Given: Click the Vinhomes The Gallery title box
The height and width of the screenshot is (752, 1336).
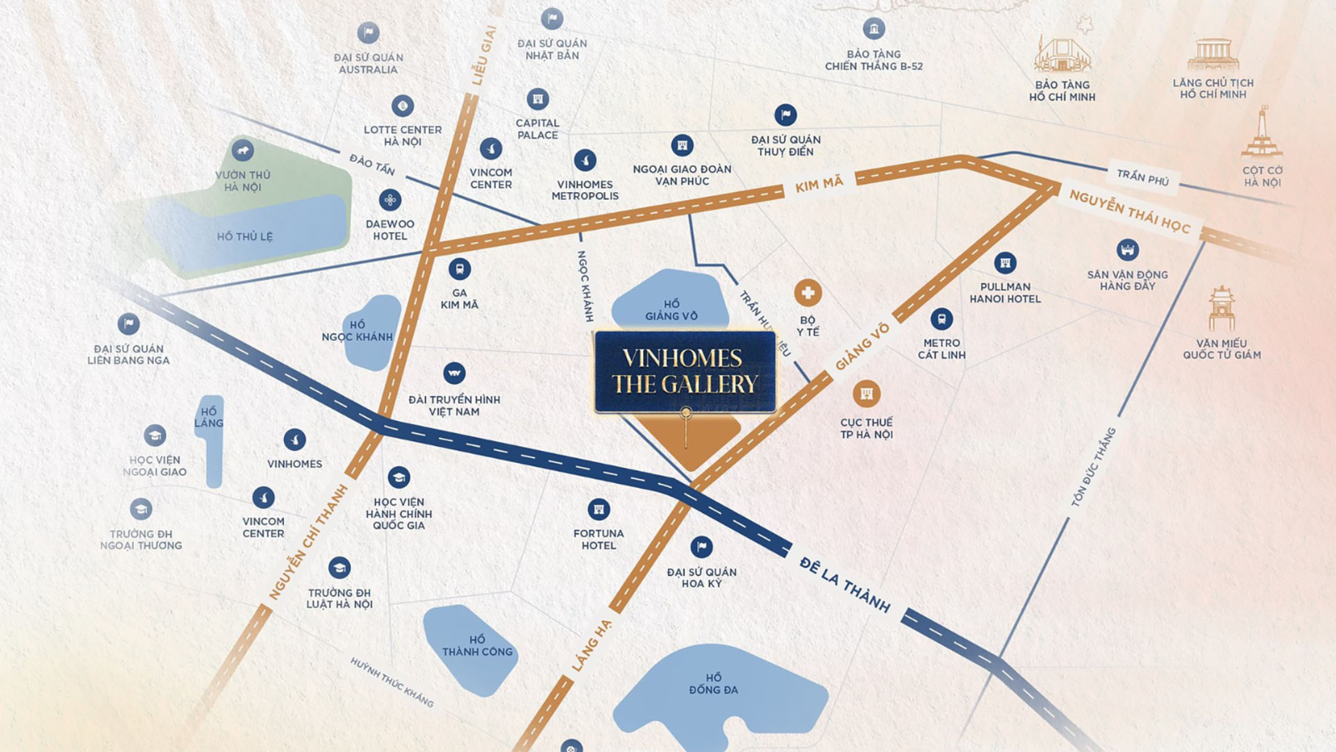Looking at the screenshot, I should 685,371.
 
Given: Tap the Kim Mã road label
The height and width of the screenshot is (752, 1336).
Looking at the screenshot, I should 818,184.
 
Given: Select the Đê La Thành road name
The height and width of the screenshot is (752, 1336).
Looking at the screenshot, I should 844,584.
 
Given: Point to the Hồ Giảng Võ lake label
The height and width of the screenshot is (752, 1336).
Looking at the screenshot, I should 671,310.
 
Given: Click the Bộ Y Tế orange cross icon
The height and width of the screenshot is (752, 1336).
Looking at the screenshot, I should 807,293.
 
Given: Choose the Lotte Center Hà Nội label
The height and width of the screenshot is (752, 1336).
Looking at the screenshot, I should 402,135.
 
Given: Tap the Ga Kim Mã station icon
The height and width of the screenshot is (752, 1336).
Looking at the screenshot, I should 459,269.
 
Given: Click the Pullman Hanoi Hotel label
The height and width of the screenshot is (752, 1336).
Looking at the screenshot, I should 1005,292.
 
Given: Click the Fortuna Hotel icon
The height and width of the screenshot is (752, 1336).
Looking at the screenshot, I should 598,509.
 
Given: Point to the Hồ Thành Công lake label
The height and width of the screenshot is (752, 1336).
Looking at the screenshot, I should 477,645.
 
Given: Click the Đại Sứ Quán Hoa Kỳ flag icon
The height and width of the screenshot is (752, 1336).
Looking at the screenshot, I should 701,547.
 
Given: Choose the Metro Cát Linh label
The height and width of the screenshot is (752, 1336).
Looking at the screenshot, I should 941,349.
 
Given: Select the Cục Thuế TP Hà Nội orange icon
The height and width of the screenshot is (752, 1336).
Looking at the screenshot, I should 866,394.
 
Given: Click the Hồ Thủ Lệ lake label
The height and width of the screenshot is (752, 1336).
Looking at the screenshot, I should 245,236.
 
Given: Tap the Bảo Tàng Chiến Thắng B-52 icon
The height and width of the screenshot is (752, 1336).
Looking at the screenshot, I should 873,29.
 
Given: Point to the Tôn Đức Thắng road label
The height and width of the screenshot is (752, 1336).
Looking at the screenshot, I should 1093,467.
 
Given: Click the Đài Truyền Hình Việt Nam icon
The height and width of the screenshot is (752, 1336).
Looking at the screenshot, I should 453,373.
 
